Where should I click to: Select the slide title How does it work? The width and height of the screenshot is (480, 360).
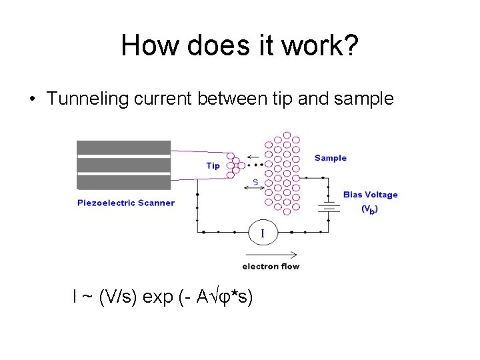240,45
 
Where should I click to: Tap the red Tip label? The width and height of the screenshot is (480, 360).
213,165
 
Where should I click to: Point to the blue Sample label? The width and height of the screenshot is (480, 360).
331,158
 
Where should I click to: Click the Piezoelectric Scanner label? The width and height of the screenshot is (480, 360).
126,203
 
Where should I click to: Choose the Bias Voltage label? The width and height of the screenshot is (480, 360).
370,195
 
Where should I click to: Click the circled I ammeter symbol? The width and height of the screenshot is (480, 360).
262,233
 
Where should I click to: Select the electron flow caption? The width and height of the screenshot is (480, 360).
271,267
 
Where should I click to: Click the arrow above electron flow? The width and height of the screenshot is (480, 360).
272,254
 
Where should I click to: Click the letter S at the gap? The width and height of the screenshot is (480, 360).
255,182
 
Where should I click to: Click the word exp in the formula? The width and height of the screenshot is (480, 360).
158,297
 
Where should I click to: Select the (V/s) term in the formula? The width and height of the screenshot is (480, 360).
118,297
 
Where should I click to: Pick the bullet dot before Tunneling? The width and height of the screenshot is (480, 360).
32,100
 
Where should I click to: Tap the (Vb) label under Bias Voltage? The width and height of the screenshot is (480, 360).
370,209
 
